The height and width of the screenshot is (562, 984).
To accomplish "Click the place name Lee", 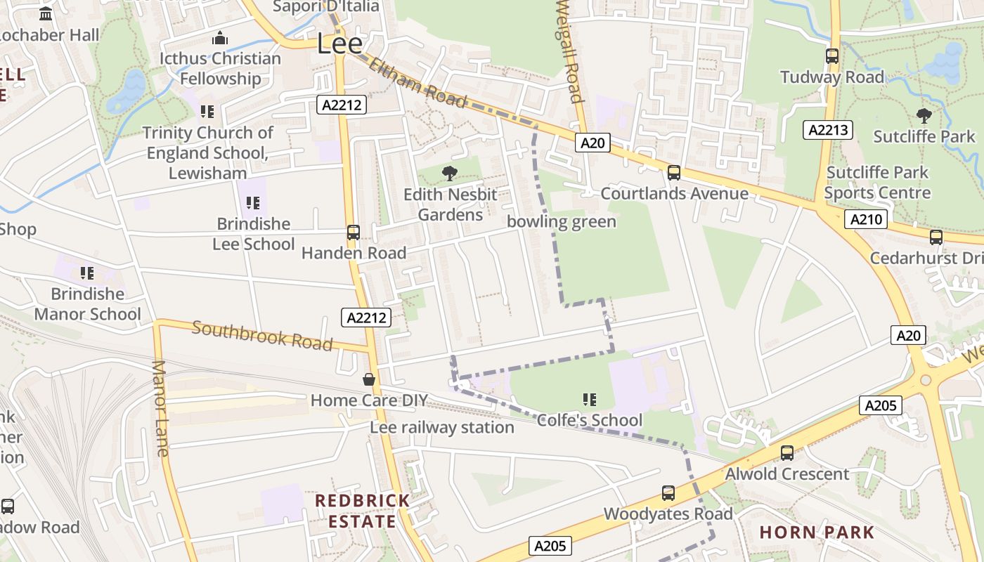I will [x=339, y=44].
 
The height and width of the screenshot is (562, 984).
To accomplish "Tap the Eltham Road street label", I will [x=417, y=83].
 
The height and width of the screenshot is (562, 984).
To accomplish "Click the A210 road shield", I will [x=865, y=219].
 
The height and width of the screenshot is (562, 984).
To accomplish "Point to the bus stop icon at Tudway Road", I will [x=832, y=56].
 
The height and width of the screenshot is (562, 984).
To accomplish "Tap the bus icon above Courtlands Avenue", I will [x=674, y=172].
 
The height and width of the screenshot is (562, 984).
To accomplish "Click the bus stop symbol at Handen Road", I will [x=354, y=233].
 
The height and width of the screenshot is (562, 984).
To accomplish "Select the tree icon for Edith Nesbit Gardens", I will [x=450, y=174].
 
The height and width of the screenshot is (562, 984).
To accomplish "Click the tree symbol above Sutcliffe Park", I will [x=924, y=116].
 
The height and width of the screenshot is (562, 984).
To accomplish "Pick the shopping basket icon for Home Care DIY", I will [x=369, y=380].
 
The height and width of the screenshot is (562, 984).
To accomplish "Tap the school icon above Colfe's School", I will [x=590, y=400].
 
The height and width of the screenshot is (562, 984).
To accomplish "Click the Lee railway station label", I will [x=442, y=427].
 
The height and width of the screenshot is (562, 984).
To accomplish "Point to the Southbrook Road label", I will [x=261, y=335].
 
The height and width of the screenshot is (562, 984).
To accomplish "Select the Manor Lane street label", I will [x=161, y=408].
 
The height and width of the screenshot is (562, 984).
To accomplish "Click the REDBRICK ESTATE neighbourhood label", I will [x=362, y=511].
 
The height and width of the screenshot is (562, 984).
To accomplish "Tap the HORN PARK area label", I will [x=817, y=532].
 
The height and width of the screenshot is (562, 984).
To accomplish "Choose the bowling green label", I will [x=562, y=222].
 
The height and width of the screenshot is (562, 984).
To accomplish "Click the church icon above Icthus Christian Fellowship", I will [x=220, y=38].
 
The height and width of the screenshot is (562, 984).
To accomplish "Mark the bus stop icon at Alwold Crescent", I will [x=787, y=453].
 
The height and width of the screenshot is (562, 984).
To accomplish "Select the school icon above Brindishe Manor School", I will [x=87, y=273].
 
